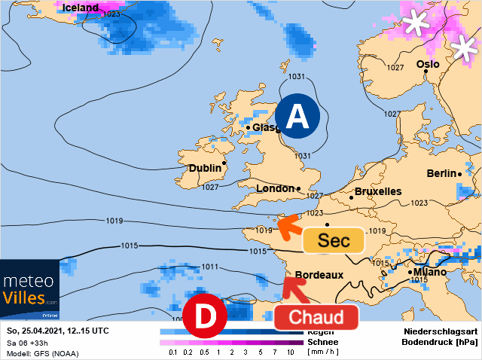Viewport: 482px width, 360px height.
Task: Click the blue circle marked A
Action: click(297, 117)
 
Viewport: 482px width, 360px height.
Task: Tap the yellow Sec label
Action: click(334, 241)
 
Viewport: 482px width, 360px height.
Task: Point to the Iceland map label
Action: click(81, 8)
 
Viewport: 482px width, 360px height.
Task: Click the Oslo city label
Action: click(428, 64)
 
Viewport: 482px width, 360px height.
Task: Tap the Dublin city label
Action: click(205, 168)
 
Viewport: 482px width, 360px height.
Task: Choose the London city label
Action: click(275, 189)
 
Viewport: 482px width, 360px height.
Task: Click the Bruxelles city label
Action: click(377, 192)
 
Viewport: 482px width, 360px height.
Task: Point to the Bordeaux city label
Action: click(319, 275)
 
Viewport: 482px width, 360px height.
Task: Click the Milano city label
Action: click(430, 272)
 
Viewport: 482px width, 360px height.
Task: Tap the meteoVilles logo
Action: click(30, 289)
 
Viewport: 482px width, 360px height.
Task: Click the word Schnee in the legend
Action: click(322, 341)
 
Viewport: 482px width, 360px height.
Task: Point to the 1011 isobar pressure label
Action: click(210, 267)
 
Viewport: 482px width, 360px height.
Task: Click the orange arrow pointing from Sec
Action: click(288, 227)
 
